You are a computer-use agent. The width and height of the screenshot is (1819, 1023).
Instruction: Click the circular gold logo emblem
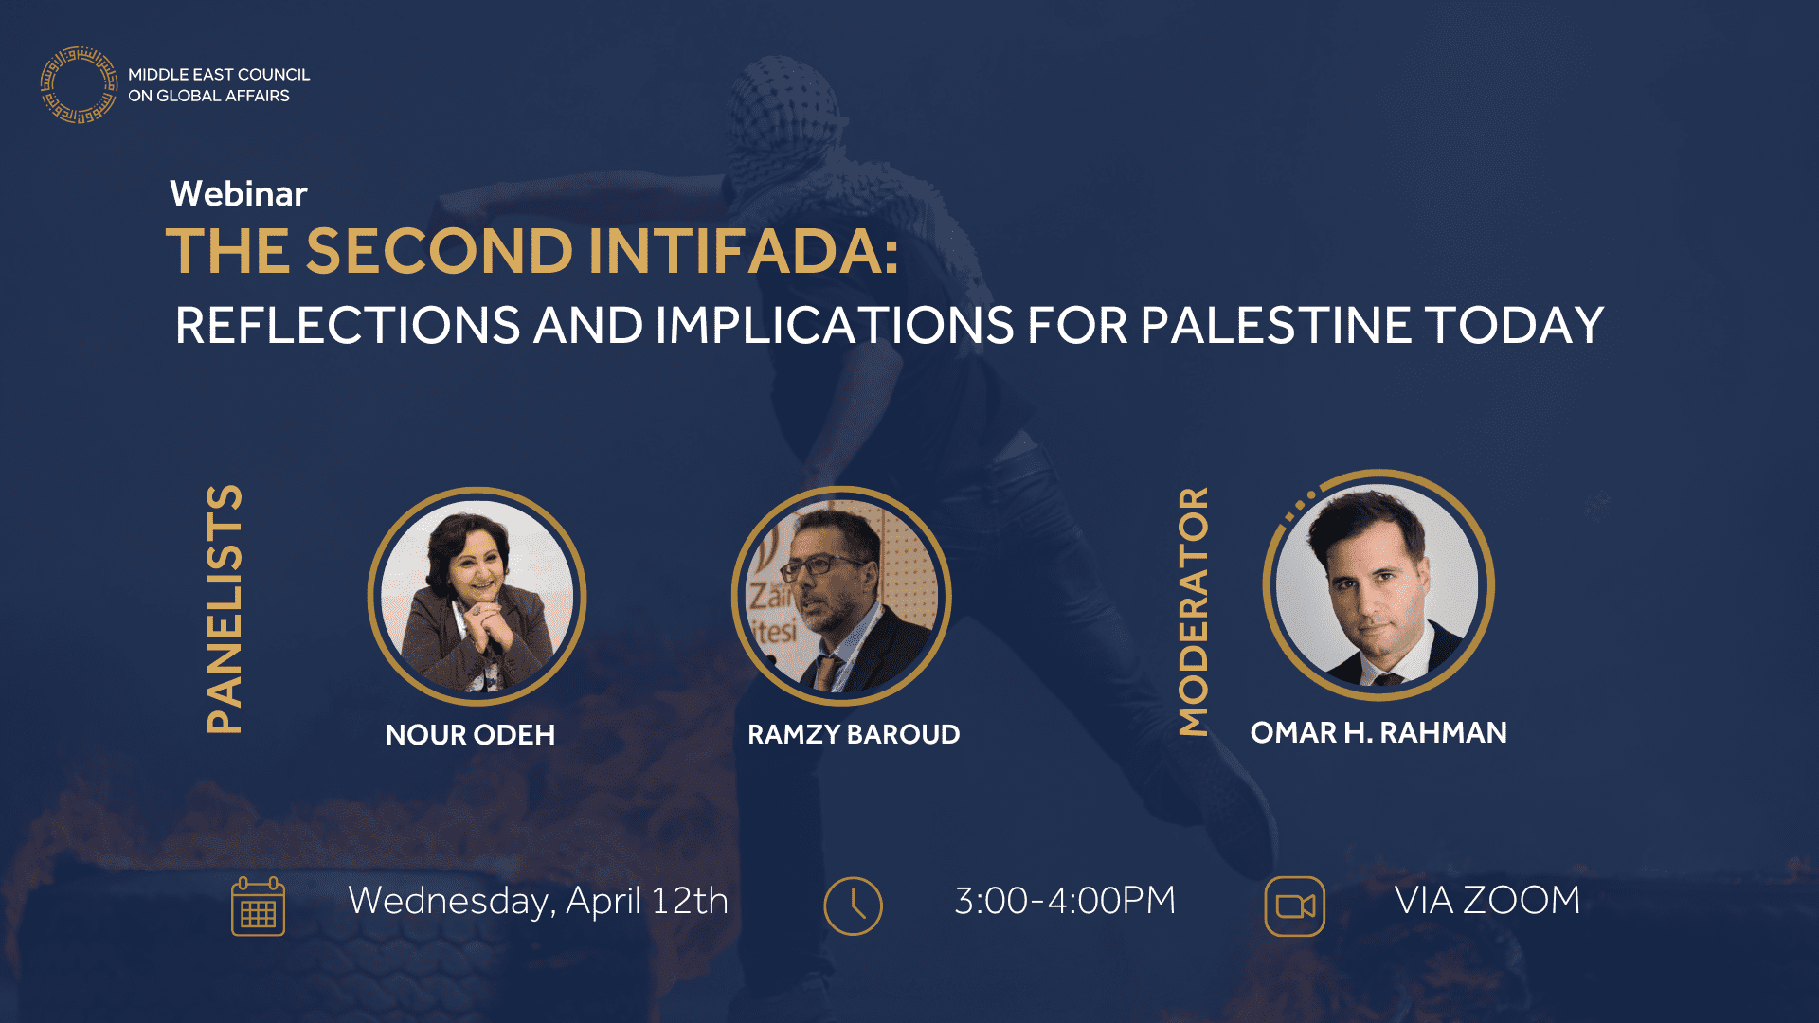point(79,85)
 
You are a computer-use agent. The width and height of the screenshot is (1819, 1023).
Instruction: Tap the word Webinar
point(239,194)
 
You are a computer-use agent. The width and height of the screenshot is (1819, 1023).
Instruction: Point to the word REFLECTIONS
point(347,326)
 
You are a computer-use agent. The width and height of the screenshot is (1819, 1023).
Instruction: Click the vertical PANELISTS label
point(225,609)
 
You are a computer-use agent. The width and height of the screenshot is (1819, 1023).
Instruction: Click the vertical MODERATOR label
point(1194,611)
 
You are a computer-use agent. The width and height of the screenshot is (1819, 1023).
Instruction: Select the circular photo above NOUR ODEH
point(477,597)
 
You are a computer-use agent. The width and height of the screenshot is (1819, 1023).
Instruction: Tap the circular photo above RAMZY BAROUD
point(841,597)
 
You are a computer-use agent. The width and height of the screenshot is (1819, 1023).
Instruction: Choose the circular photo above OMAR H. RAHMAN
point(1378,585)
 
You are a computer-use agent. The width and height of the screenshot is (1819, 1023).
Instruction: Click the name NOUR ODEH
point(470,735)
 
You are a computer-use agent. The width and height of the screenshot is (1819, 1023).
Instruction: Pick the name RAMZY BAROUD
point(854,735)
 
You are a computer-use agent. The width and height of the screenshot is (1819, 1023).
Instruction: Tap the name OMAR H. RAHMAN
point(1378,733)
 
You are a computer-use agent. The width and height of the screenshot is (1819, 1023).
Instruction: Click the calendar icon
point(258,906)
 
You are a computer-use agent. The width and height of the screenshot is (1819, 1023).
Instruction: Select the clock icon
point(853,906)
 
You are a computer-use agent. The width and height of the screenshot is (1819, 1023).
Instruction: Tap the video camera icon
point(1294,906)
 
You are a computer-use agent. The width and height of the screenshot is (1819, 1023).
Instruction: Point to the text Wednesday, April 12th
point(538,901)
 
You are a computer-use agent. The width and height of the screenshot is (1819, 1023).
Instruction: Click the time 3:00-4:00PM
point(1065,901)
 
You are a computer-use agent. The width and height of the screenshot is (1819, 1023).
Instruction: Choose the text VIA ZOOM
point(1487,901)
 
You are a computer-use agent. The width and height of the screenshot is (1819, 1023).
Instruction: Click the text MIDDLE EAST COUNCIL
point(219,75)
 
